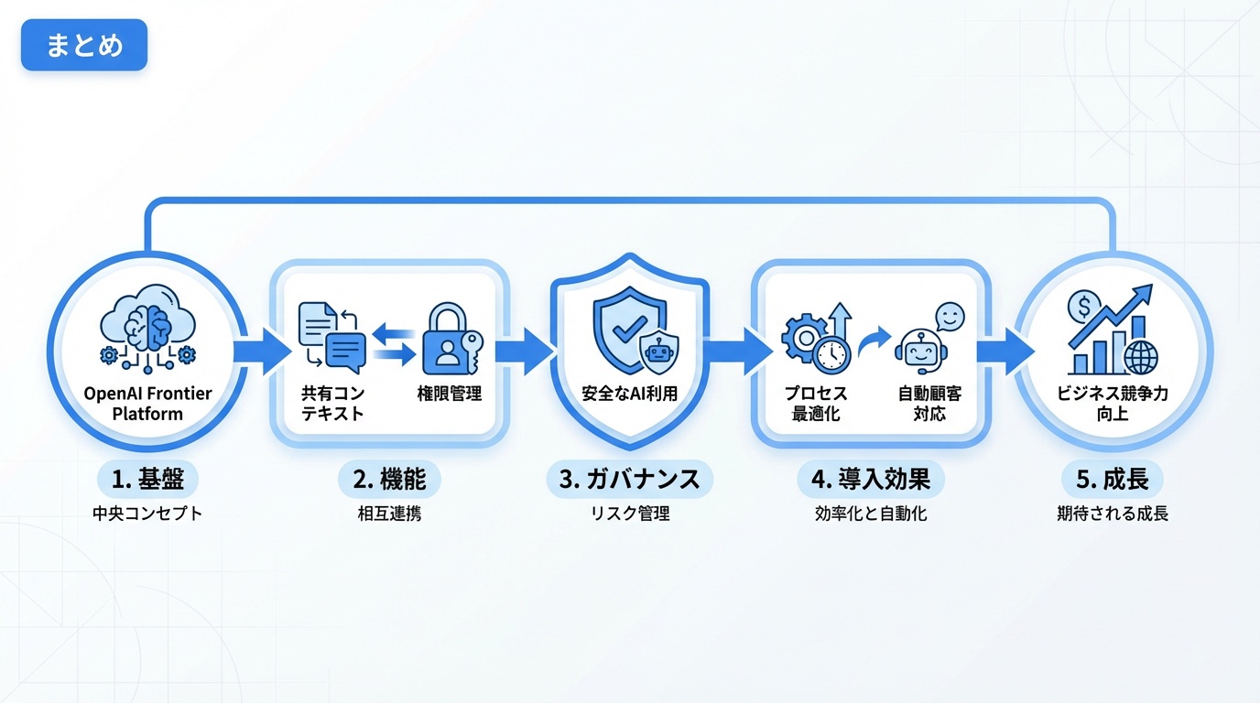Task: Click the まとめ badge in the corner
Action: (84, 45)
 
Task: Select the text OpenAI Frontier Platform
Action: (147, 404)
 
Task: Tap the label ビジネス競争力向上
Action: (1113, 404)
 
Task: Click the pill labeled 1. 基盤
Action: (147, 479)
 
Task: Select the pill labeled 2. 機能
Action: (389, 479)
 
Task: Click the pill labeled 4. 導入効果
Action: (871, 479)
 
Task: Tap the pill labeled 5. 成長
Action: (1113, 479)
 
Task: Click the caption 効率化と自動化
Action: (871, 514)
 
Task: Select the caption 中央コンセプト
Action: (147, 514)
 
